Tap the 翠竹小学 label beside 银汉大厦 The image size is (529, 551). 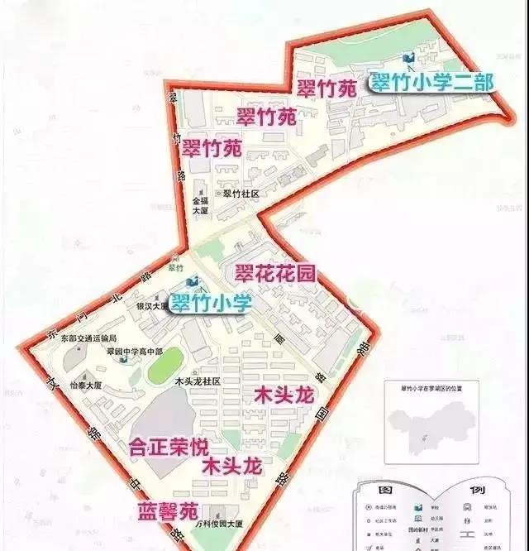[x=211, y=304]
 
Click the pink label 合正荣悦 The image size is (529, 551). [x=169, y=447]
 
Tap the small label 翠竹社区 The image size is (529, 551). [x=241, y=194]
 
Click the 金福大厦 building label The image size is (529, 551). [x=202, y=205]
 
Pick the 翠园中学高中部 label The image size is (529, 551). [x=132, y=352]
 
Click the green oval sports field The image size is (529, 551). [x=160, y=367]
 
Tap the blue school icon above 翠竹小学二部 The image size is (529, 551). [x=407, y=58]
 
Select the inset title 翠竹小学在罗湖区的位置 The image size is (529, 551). [x=436, y=387]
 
